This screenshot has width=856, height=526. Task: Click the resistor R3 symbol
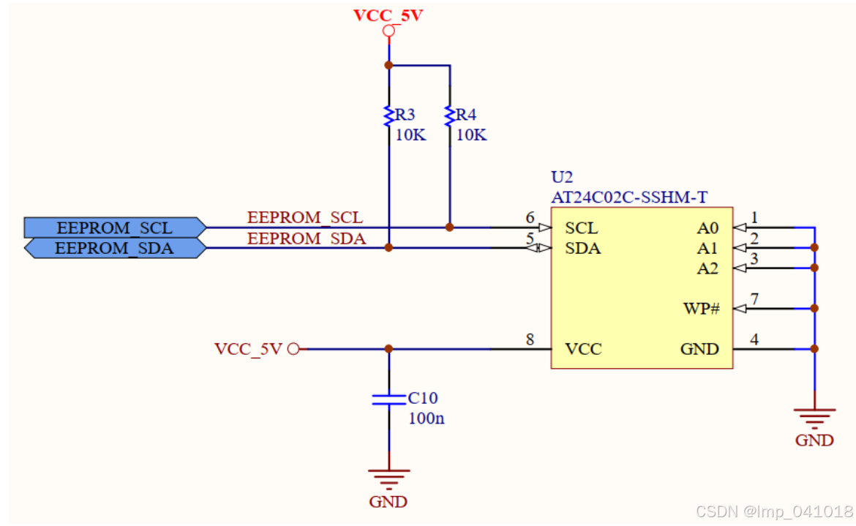(388, 116)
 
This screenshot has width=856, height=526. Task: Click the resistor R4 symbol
(450, 116)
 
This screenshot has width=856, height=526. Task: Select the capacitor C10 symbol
(388, 399)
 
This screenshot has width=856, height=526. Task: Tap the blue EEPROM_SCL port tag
(114, 228)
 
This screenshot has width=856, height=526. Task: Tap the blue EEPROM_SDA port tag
(114, 249)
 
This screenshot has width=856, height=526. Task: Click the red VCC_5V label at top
(388, 15)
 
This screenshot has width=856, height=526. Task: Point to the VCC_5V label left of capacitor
(248, 349)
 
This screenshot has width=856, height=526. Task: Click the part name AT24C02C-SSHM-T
(629, 197)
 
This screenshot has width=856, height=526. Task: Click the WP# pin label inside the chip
(701, 309)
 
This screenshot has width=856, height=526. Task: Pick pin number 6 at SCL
(530, 217)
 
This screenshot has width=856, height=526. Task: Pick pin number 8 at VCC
(530, 339)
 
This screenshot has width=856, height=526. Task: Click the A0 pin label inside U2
(707, 228)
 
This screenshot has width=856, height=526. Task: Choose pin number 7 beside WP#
(755, 298)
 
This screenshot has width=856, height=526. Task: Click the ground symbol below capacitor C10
(388, 479)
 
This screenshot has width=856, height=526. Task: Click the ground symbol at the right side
(814, 419)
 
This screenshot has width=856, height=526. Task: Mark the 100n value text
(427, 418)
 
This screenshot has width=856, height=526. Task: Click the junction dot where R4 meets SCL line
(450, 228)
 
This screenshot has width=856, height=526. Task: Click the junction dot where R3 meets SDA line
(388, 248)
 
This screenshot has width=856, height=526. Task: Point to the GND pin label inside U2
(699, 349)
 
